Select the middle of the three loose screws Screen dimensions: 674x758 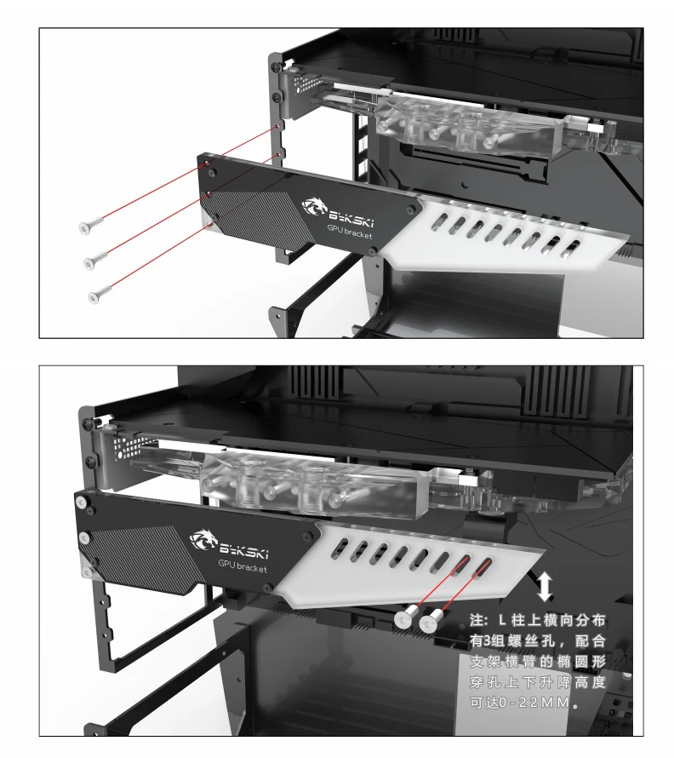pyautogui.click(x=95, y=260)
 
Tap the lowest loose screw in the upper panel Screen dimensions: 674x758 pyautogui.click(x=100, y=294)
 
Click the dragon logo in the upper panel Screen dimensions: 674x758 pyautogui.click(x=315, y=207)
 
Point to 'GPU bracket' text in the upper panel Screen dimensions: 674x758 pyautogui.click(x=350, y=232)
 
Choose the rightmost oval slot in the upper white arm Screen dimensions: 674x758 pyautogui.click(x=572, y=248)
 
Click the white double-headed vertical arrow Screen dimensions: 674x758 pyautogui.click(x=545, y=587)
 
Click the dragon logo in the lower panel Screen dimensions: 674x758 pyautogui.click(x=203, y=541)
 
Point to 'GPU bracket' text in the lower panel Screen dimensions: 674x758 pyautogui.click(x=243, y=566)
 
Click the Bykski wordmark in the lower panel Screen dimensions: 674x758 pyautogui.click(x=244, y=551)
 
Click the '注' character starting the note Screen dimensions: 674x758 pyautogui.click(x=477, y=620)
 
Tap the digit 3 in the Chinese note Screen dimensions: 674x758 pyautogui.click(x=487, y=641)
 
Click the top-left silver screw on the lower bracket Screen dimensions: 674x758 pyautogui.click(x=80, y=502)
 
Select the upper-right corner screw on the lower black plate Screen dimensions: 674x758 pyautogui.click(x=308, y=536)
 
